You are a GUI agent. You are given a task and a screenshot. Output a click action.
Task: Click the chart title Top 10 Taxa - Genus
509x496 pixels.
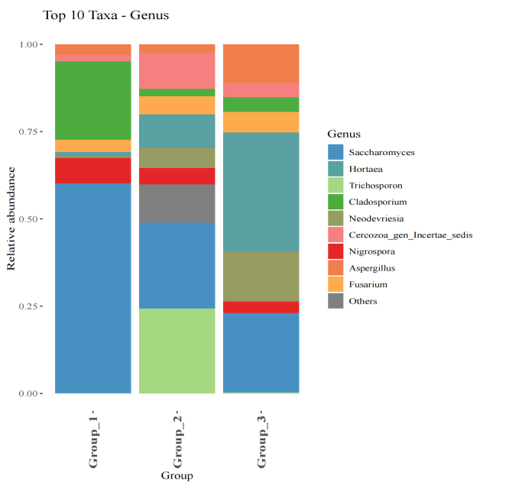[105, 15]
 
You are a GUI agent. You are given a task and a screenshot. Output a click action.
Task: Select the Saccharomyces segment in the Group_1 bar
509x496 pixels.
[92, 288]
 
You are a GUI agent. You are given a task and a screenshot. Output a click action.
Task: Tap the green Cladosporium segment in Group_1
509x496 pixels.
[92, 100]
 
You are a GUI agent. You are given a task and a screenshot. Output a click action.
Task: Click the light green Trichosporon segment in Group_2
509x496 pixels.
[177, 351]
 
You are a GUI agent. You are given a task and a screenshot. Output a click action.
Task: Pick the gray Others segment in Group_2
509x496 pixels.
[177, 203]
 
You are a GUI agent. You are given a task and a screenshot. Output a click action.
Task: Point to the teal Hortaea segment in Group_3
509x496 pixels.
[261, 192]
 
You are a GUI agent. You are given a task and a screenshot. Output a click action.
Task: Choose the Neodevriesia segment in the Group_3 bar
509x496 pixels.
[261, 276]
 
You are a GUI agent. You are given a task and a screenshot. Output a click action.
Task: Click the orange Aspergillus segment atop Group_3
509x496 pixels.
[261, 63]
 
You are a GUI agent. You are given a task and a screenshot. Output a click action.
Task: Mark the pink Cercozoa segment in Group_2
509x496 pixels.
[177, 70]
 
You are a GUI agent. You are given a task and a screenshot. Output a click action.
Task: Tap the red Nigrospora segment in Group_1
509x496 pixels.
[92, 170]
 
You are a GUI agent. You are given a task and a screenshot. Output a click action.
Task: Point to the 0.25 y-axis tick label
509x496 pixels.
[28, 306]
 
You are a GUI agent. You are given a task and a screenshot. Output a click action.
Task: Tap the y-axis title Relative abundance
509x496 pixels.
[11, 219]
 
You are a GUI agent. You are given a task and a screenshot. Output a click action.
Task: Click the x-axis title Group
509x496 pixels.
[177, 476]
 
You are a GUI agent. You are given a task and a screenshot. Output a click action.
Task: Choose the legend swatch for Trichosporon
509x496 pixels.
[336, 186]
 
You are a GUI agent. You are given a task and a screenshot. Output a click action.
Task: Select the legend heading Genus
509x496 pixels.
[344, 134]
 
